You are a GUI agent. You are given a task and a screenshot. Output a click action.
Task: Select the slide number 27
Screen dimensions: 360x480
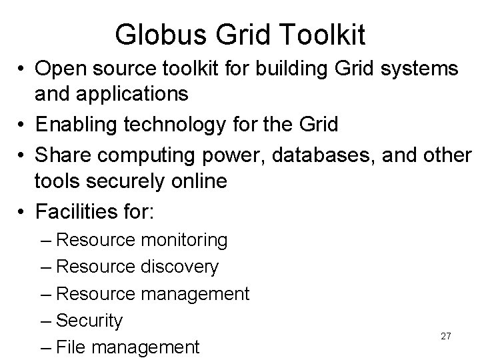point(446,336)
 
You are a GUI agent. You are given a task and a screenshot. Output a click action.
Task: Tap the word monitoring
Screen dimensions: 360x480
point(183,240)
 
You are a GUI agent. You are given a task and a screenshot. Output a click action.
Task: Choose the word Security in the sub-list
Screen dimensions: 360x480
point(90,321)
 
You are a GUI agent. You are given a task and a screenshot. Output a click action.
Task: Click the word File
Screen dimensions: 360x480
point(69,347)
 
